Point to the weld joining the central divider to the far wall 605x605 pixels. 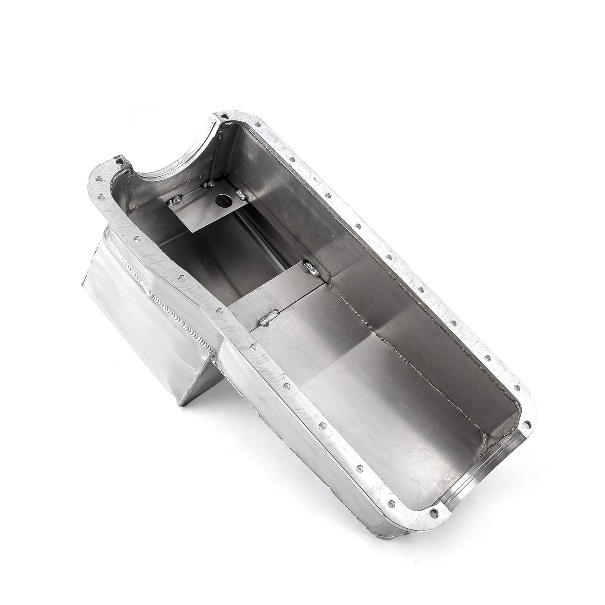[x=312, y=268]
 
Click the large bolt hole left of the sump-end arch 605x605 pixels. [x=120, y=161]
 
